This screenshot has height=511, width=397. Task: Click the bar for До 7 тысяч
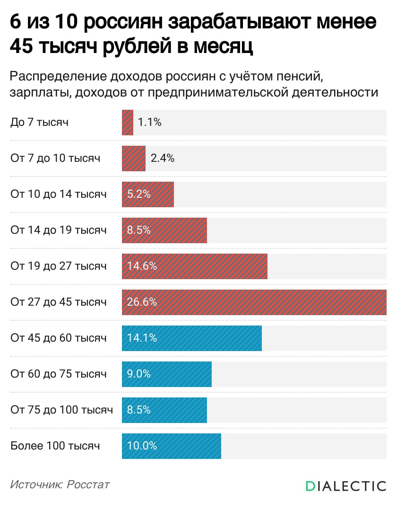tap(128, 123)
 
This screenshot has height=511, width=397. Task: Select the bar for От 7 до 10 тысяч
tap(134, 159)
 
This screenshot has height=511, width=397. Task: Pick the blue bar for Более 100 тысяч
tap(189, 446)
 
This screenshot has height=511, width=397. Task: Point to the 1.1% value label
tap(150, 123)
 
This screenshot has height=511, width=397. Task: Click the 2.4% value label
tap(163, 159)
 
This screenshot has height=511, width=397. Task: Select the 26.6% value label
tap(142, 302)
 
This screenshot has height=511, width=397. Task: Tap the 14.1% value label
tap(142, 338)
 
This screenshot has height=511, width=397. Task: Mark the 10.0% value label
tap(142, 446)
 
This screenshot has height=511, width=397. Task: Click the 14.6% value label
tap(142, 266)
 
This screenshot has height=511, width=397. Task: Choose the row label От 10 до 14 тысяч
tap(59, 194)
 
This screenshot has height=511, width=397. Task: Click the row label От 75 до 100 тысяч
tap(61, 410)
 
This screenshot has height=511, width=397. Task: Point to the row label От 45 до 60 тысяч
tap(59, 338)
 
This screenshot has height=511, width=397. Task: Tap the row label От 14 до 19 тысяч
tap(59, 230)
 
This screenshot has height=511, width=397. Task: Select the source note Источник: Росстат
tap(60, 485)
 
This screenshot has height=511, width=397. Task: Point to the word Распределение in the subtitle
tap(57, 76)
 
